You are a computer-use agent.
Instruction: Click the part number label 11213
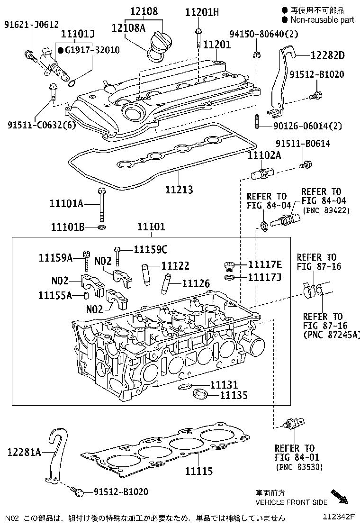(x=179, y=190)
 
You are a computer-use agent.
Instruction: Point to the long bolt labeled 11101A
(x=101, y=205)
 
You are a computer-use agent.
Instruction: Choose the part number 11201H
(x=202, y=12)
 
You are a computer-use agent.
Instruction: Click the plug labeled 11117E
(x=229, y=264)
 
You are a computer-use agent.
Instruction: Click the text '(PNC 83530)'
(x=299, y=467)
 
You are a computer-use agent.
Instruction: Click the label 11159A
(x=55, y=257)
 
